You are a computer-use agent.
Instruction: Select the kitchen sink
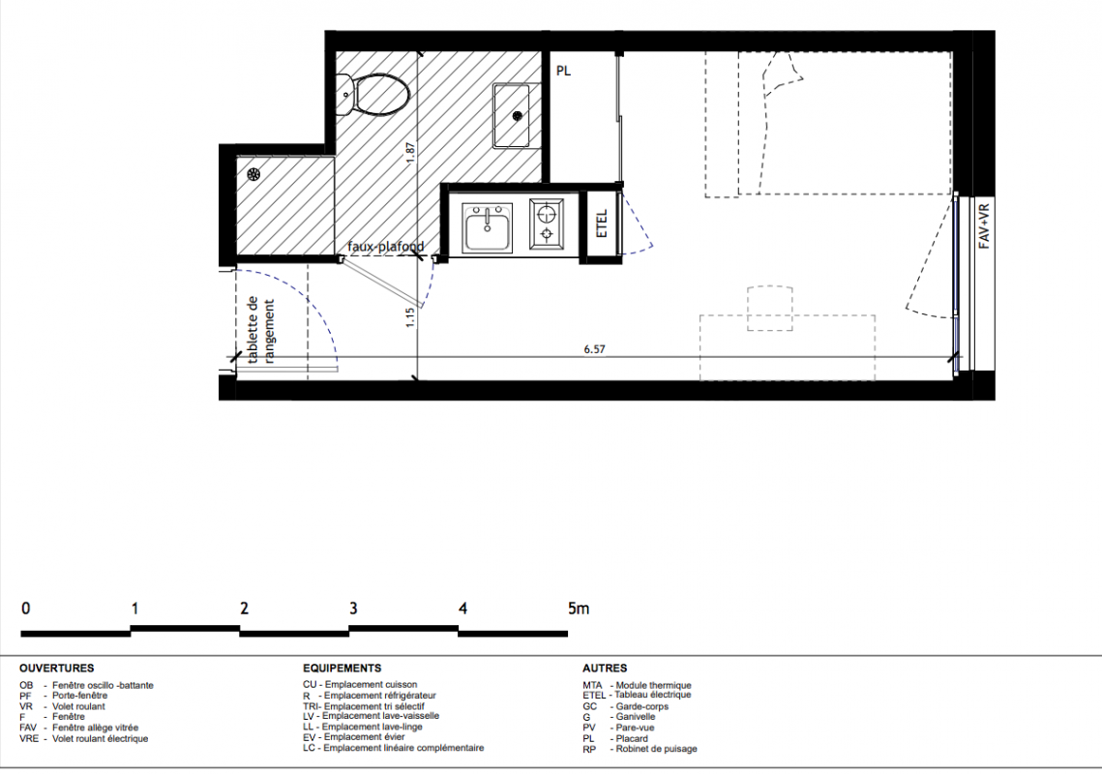(x=487, y=227)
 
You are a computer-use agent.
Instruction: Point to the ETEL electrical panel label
(x=602, y=223)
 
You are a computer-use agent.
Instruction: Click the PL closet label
(x=564, y=71)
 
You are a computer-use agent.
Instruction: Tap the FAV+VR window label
(x=984, y=225)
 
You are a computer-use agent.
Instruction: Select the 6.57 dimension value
(x=595, y=348)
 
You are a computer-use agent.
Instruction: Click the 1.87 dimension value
(x=411, y=154)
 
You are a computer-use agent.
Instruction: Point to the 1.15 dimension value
(x=410, y=316)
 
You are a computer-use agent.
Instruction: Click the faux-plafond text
(x=386, y=247)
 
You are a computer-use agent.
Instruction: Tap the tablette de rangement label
(x=260, y=330)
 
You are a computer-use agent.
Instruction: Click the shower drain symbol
(x=253, y=175)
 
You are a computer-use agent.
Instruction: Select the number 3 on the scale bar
(x=353, y=609)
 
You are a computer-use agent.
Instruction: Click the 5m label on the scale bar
(x=580, y=609)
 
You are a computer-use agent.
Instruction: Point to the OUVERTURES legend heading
(x=57, y=669)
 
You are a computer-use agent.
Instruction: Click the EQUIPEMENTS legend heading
(x=343, y=669)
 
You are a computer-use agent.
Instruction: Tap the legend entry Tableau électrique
(x=653, y=695)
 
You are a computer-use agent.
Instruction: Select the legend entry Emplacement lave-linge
(x=372, y=727)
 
